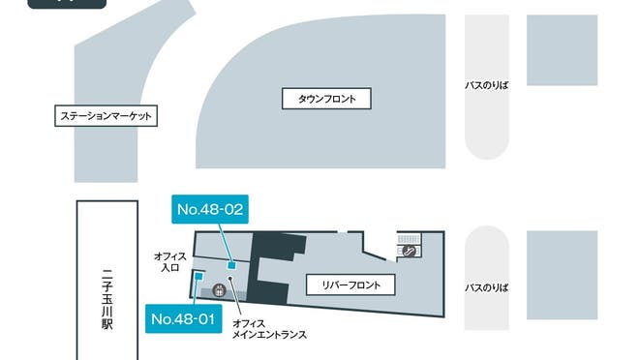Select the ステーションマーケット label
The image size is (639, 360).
[x=107, y=116]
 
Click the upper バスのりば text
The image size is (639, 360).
[x=486, y=85]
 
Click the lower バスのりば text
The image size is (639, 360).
[x=486, y=287]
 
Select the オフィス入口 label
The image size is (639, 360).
[x=169, y=262]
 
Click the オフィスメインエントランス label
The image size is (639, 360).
[x=269, y=330]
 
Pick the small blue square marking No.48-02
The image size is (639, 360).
[x=230, y=264]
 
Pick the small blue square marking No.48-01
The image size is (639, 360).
[x=198, y=276]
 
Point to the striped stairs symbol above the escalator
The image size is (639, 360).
[x=410, y=237]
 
